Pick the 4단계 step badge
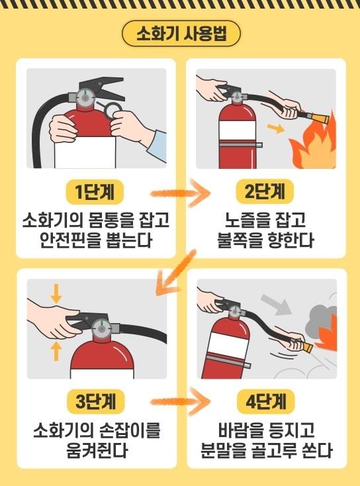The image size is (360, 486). [264, 402]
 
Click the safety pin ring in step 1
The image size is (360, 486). [112, 108]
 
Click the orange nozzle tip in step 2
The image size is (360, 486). [319, 120]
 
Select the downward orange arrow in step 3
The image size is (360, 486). [56, 292]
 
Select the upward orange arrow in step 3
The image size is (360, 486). [56, 350]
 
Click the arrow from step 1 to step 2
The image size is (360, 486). [180, 193]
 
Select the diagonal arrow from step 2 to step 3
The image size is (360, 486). [173, 271]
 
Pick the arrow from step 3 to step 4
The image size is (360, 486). [180, 402]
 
